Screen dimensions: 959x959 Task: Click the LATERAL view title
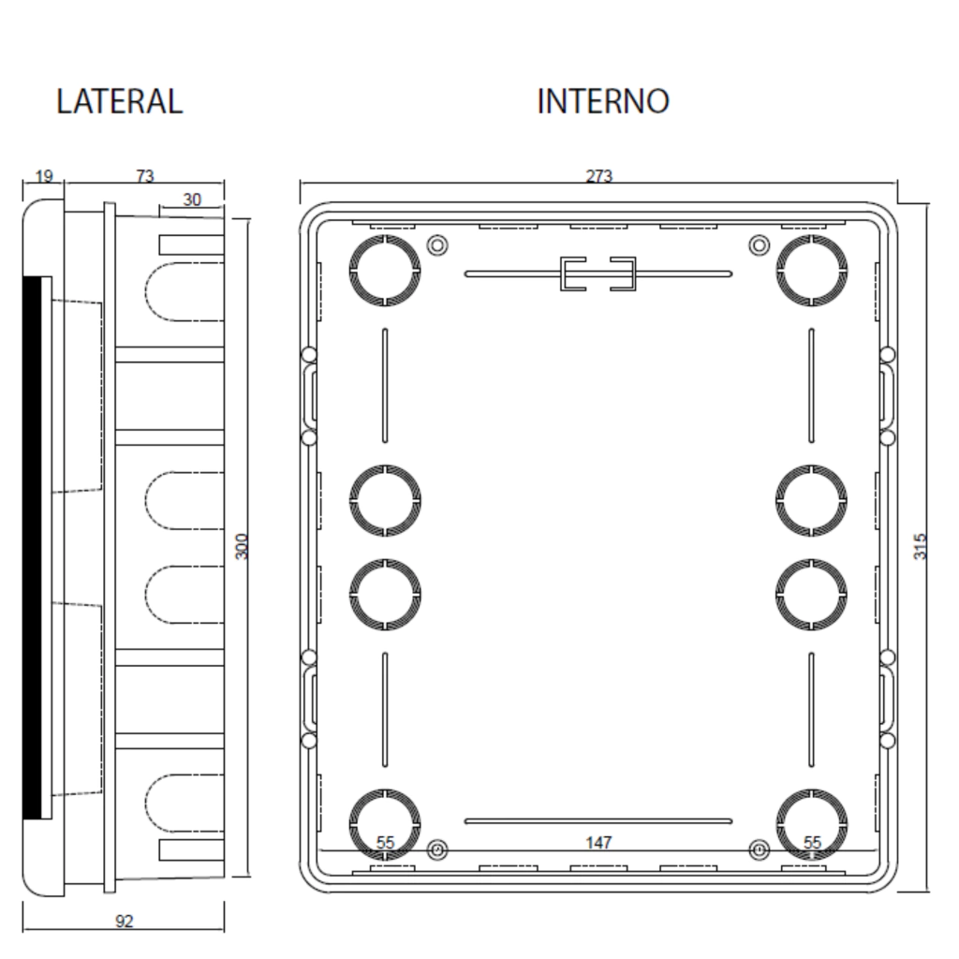[119, 101]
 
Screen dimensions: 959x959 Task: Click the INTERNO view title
[603, 101]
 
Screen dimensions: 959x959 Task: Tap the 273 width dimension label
[598, 176]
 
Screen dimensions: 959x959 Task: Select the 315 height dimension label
[920, 546]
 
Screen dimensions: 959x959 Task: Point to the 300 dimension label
[243, 546]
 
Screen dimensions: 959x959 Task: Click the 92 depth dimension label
[125, 922]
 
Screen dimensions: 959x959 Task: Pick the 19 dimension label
[43, 177]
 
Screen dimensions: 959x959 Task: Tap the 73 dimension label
[145, 176]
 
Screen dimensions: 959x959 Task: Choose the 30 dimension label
[192, 200]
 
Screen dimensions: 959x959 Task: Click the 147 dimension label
[598, 843]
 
